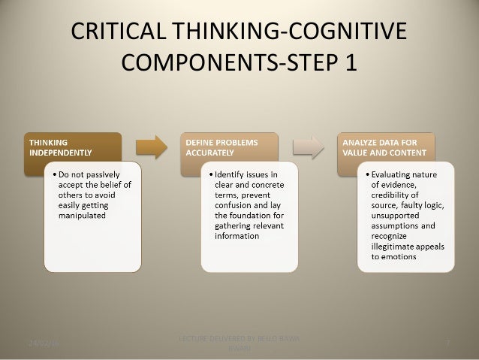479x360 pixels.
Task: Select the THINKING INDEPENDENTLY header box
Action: pyautogui.click(x=71, y=145)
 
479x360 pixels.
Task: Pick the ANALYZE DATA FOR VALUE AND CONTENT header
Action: pyautogui.click(x=386, y=145)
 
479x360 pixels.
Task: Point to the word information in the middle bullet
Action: pyautogui.click(x=237, y=235)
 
